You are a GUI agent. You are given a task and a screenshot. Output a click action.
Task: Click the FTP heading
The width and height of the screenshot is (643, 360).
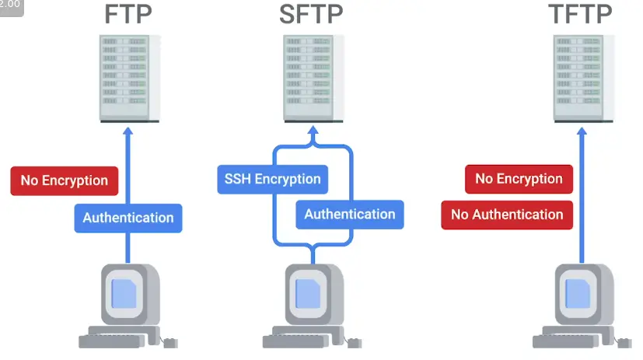pos(128,15)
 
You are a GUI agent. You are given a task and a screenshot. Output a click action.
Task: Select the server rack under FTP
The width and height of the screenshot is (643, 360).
pos(129,78)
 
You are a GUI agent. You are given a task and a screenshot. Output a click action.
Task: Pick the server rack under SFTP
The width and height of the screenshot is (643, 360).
pos(312,78)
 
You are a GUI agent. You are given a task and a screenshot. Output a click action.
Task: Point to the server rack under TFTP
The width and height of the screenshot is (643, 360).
pos(583,78)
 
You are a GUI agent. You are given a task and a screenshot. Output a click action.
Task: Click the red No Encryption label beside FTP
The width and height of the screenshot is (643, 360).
pos(64,180)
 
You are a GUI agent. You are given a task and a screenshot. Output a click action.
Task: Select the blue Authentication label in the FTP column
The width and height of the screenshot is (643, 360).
pos(128,218)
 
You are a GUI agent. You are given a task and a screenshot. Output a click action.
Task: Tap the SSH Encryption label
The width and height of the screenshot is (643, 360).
pos(272,179)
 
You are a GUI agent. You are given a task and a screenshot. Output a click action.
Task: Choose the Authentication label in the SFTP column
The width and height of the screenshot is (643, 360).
pos(349,214)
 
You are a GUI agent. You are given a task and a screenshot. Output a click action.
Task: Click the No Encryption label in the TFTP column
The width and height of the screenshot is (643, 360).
pos(519,179)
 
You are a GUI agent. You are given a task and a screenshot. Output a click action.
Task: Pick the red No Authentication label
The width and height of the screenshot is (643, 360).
pos(507,215)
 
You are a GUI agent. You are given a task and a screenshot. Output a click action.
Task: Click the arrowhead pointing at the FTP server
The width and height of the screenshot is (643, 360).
pos(129,131)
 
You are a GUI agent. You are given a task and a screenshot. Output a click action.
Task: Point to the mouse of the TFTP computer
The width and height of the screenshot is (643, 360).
pos(624,342)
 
